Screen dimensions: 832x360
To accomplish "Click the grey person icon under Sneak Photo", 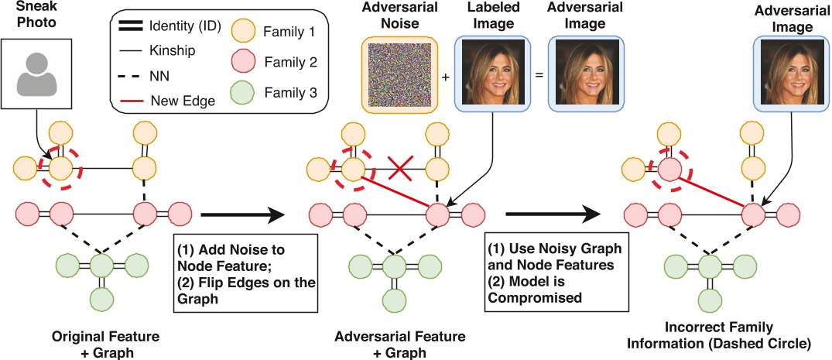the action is click(x=36, y=75).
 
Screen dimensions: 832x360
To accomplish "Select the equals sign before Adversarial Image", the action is click(x=539, y=75).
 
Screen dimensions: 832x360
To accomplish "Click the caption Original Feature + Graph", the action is click(x=105, y=343).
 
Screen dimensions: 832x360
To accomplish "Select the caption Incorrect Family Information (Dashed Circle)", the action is click(x=719, y=335).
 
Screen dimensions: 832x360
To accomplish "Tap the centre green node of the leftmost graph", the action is click(x=102, y=264).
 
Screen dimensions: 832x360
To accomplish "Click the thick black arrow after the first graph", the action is click(x=242, y=215).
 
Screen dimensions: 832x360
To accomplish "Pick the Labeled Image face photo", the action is click(x=493, y=74).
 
